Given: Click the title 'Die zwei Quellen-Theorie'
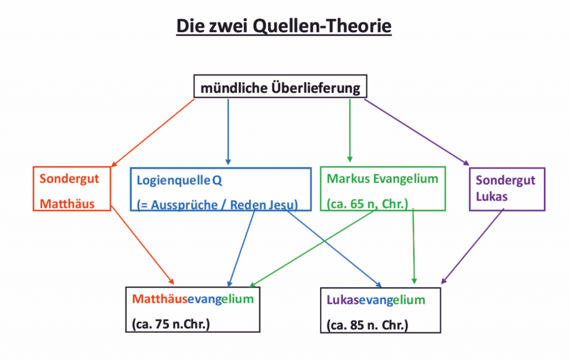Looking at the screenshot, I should click(284, 26).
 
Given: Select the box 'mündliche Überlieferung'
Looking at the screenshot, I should click(281, 88).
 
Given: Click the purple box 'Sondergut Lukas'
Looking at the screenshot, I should click(507, 189).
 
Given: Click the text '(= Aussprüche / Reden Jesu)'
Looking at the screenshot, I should click(218, 204).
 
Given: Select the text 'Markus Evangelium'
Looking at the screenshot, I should click(382, 179).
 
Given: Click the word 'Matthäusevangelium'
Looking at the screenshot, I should click(193, 299).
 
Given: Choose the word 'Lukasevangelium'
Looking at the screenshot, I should click(376, 300).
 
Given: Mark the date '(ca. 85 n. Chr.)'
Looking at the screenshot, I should click(367, 324).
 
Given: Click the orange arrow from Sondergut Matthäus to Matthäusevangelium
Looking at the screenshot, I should click(142, 243).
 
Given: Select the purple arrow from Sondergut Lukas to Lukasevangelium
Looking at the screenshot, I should click(474, 245).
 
